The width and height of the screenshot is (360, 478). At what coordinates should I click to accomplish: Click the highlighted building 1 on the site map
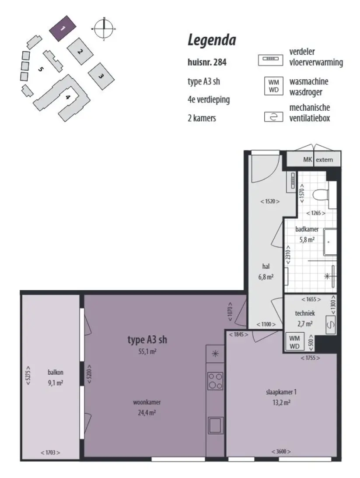coord(63,28)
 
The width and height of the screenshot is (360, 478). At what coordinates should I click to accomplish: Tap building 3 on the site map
coord(101,76)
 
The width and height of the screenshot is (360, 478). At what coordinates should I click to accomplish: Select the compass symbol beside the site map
coord(104,28)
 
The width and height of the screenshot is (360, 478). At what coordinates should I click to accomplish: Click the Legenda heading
coord(212,40)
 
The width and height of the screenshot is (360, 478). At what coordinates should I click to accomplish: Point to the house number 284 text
coord(207,62)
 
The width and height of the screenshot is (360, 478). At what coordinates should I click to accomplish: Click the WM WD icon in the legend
coord(273,86)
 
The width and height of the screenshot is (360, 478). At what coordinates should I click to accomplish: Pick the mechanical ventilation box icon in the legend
coord(273,117)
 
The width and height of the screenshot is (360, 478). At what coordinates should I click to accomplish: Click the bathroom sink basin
coord(330,243)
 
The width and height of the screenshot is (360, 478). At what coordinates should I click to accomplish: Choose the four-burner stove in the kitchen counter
coord(215,381)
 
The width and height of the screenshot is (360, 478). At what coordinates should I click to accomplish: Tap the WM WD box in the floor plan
coord(294,342)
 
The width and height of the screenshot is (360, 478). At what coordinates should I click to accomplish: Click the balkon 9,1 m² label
coord(56,377)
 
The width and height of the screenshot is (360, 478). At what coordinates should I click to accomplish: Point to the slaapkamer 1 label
coord(281,392)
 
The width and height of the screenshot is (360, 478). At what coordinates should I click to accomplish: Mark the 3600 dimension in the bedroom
coord(281,451)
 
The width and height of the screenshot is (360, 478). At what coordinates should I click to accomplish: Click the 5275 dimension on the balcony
coord(28,375)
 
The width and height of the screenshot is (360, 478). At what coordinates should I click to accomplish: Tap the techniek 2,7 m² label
coord(305,318)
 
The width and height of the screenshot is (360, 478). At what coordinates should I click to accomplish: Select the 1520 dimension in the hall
coord(270,201)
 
